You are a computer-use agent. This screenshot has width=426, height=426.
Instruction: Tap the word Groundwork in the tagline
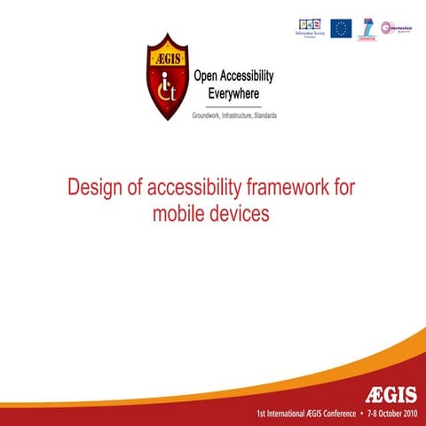pyautogui.click(x=207, y=116)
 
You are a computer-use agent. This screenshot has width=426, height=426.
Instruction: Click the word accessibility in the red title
pyautogui.click(x=185, y=190)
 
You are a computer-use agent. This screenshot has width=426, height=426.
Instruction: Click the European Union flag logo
pyautogui.click(x=341, y=28)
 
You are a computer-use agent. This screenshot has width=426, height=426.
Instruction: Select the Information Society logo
pyautogui.click(x=310, y=28)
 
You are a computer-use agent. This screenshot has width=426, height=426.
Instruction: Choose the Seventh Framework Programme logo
pyautogui.click(x=367, y=28)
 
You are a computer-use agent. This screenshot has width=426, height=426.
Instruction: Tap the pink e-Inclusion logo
pyautogui.click(x=396, y=28)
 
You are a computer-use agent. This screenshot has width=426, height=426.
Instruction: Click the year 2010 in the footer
pyautogui.click(x=410, y=414)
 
